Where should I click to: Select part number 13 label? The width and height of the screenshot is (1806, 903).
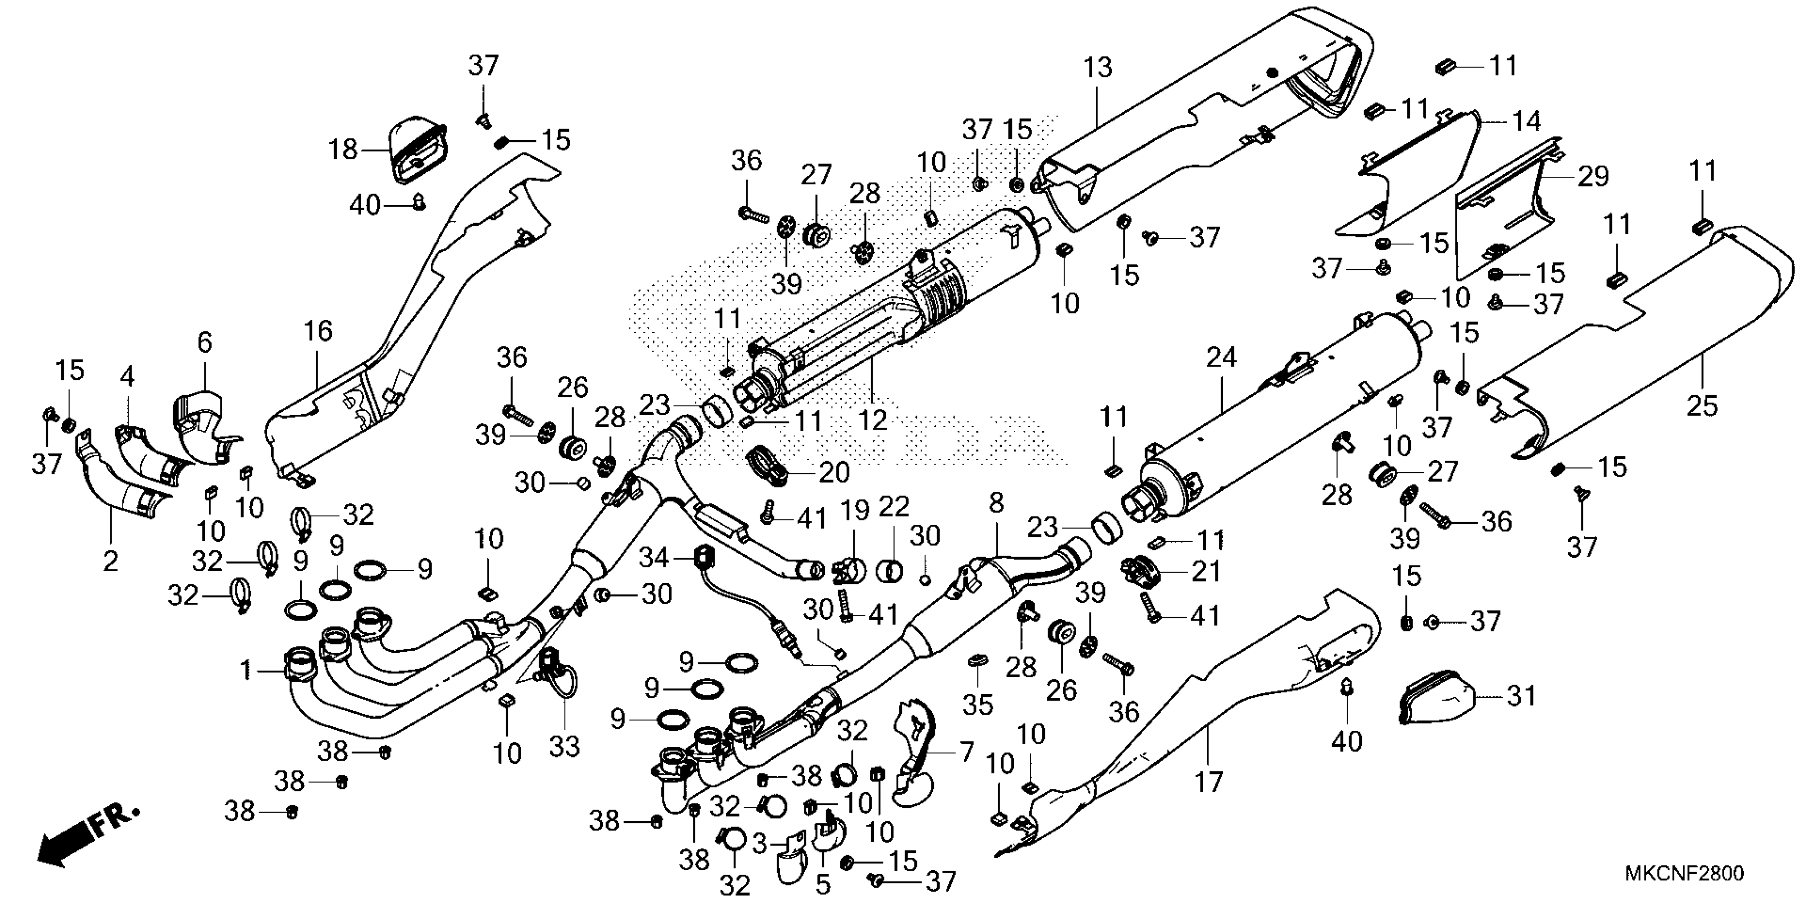[1097, 68]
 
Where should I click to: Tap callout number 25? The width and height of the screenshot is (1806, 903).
[1703, 406]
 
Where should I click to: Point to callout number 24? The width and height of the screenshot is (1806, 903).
[1221, 358]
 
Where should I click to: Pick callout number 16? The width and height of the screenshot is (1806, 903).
[318, 331]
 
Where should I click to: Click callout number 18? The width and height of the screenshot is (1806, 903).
[344, 149]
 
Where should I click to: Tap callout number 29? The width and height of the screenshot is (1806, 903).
[1593, 176]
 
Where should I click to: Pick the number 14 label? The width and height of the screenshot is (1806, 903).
[1526, 121]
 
